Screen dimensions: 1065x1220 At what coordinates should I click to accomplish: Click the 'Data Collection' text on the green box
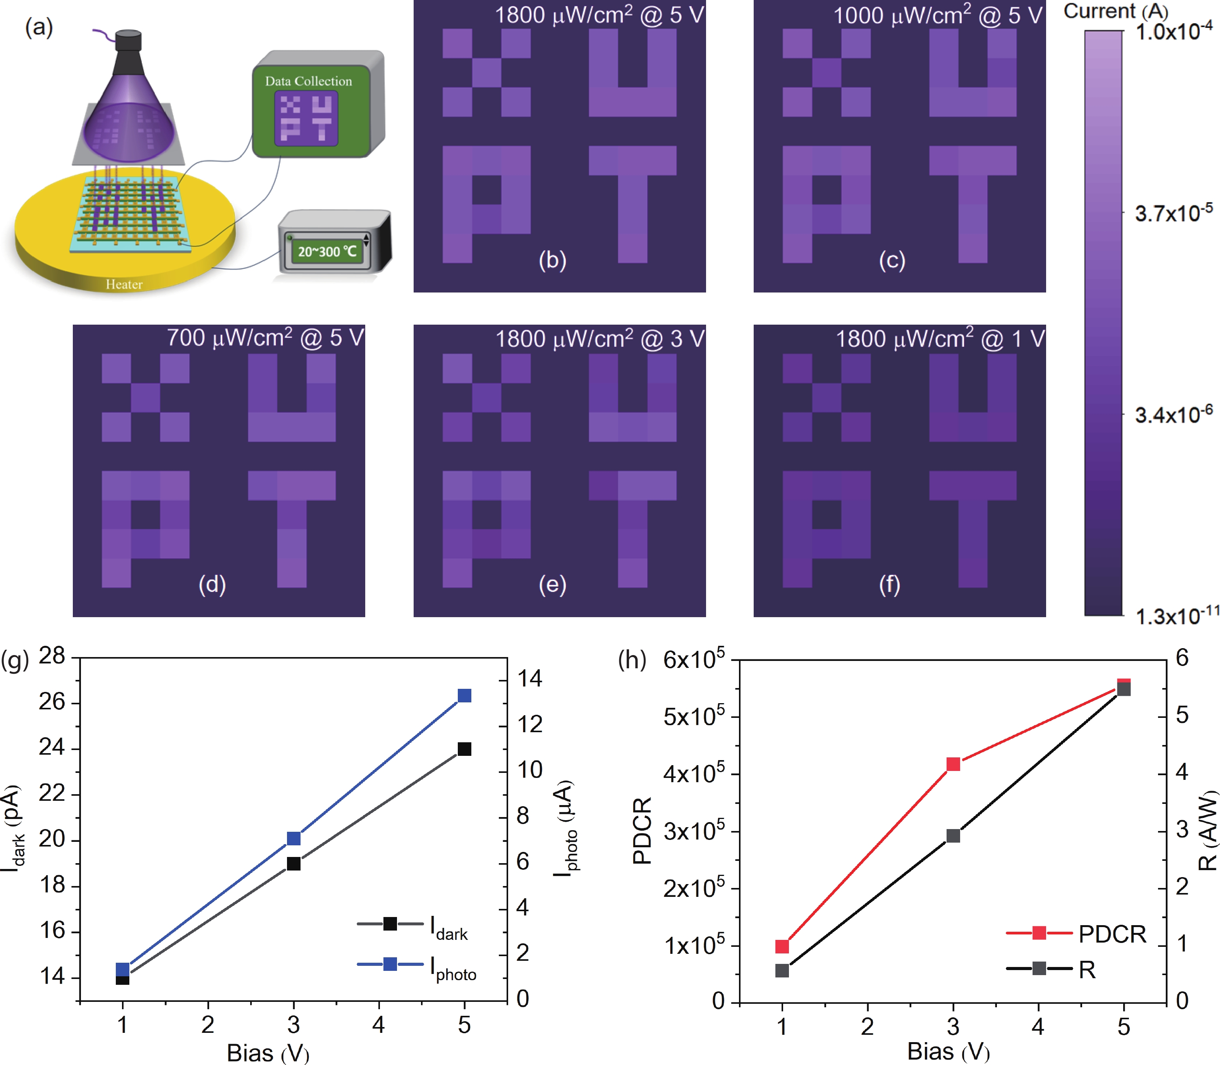pos(308,81)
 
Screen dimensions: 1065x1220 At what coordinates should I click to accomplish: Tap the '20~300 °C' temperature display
pos(327,251)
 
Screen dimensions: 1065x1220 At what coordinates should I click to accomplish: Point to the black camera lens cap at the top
pos(128,40)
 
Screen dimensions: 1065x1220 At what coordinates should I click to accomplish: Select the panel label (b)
pos(552,260)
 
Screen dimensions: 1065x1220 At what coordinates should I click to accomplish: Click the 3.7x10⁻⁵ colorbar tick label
pos(1172,213)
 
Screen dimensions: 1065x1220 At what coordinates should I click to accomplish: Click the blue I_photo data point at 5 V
pos(464,695)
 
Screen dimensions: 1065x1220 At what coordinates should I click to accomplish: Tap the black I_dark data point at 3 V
pos(294,864)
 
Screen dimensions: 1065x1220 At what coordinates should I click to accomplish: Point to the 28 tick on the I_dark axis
pos(52,656)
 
